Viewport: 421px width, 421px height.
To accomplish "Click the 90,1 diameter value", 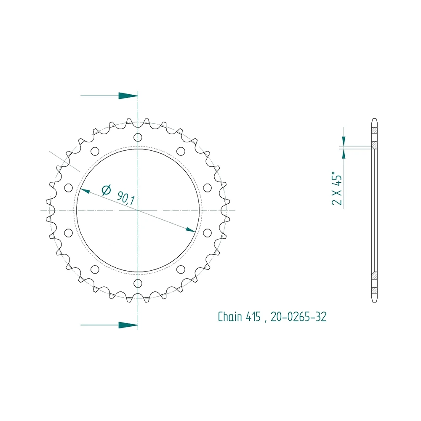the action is pyautogui.click(x=125, y=198).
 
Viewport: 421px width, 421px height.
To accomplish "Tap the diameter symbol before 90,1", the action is pyautogui.click(x=107, y=190).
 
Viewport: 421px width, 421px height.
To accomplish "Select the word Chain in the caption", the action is pyautogui.click(x=230, y=317).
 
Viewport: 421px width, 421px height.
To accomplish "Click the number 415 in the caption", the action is pyautogui.click(x=253, y=317).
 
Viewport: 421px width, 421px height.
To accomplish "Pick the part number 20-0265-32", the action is pyautogui.click(x=298, y=317).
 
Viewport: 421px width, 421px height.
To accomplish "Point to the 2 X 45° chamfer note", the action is pyautogui.click(x=337, y=188).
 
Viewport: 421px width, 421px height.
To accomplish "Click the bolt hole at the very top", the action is pyautogui.click(x=138, y=138).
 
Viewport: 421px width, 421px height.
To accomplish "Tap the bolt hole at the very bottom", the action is pyautogui.click(x=138, y=283).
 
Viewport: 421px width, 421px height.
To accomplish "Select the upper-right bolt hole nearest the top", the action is pyautogui.click(x=181, y=151).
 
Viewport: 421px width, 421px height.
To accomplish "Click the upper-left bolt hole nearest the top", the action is pyautogui.click(x=95, y=151).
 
